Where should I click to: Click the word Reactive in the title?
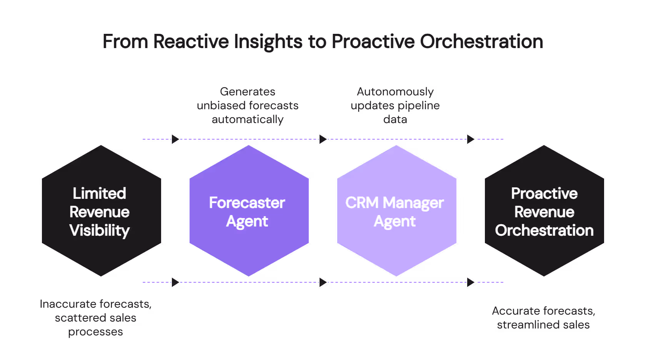coord(191,42)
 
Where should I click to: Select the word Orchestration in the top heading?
coord(481,42)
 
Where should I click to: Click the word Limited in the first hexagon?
coord(100,193)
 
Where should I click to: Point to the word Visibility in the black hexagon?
coord(100,230)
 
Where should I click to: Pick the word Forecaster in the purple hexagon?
coord(247,203)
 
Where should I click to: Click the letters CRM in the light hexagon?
coord(362,203)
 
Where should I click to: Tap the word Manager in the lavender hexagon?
coord(413,203)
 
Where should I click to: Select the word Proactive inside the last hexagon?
coord(544,193)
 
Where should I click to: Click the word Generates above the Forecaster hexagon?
coord(248,92)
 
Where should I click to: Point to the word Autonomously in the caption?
coord(395,92)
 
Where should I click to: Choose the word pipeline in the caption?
coord(417,106)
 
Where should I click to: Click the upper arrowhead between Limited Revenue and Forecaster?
coord(175,139)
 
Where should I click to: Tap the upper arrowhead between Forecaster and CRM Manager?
coord(323,139)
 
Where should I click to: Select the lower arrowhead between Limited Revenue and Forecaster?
coord(175,282)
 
